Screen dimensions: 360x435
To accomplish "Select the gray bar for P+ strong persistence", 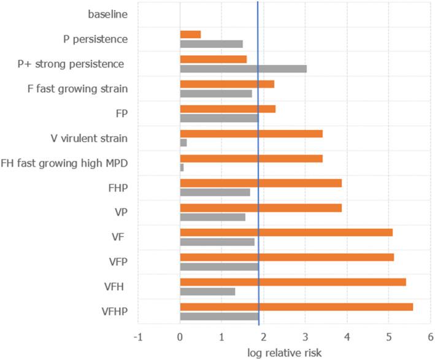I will pos(243,69).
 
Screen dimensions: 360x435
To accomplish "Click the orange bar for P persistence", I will pos(190,34).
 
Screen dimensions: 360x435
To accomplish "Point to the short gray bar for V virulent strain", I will pos(183,143).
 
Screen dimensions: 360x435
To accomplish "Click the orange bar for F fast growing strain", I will pos(227,84).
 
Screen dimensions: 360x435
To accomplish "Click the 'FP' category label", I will pos(120,113).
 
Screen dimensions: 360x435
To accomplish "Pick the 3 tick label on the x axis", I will pos(305,336).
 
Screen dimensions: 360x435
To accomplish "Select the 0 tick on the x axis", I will pos(180,336).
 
